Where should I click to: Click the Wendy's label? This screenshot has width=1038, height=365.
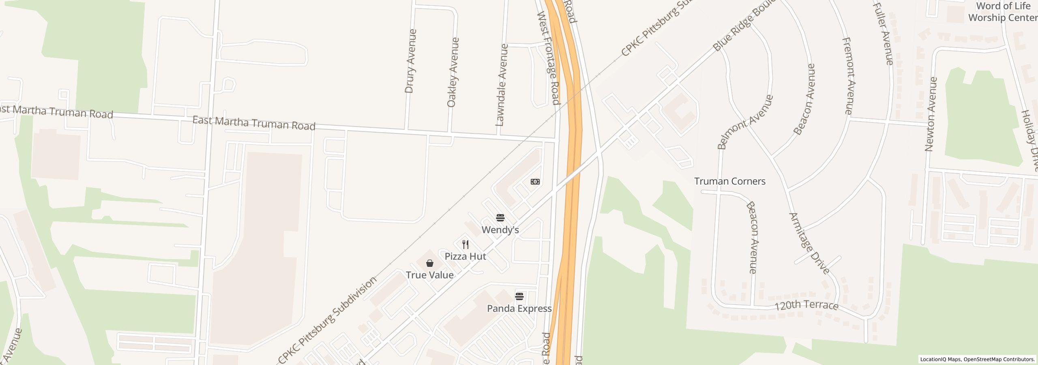click(500, 230)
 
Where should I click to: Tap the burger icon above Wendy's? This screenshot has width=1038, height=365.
click(500, 218)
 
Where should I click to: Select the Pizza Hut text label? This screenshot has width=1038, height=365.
click(465, 256)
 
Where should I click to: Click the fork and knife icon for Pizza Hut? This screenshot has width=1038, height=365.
click(465, 245)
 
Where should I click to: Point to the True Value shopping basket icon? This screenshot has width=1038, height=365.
click(430, 263)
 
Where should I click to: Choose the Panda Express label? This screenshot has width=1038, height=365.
click(519, 309)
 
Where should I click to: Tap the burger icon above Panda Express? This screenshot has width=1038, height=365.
click(519, 296)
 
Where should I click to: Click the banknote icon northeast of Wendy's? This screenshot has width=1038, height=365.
click(535, 182)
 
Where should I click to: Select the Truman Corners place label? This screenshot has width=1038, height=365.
click(729, 181)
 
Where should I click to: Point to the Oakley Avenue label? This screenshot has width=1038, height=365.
click(453, 72)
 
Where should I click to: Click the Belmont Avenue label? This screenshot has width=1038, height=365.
click(745, 122)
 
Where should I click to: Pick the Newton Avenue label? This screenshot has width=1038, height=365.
click(931, 114)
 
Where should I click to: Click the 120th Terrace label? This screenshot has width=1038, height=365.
click(806, 305)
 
